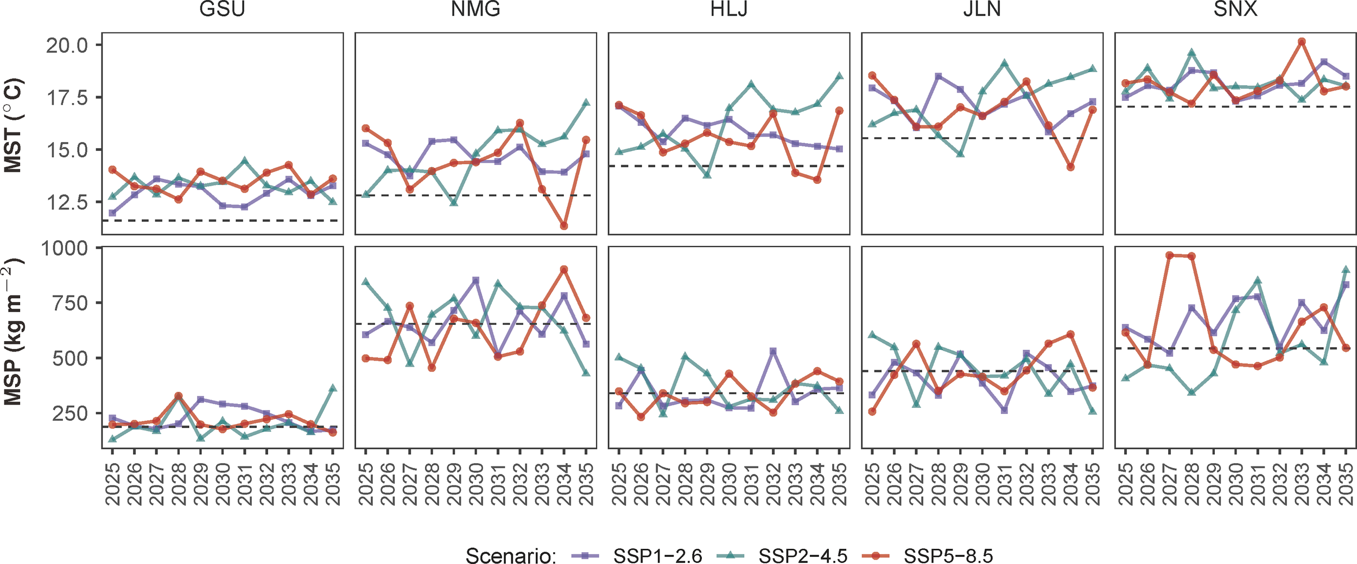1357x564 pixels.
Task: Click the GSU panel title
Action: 222,10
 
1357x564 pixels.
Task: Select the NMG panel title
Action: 475,10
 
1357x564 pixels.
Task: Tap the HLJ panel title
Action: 728,10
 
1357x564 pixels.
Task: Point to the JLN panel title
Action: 981,10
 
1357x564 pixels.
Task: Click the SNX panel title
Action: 1235,10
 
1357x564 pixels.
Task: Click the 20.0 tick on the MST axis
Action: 67,46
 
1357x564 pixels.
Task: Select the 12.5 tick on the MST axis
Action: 67,203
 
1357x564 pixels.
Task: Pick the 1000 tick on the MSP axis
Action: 65,249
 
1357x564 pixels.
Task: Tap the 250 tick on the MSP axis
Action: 70,414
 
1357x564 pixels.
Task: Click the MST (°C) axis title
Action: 13,126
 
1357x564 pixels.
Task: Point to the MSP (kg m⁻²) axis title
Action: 13,332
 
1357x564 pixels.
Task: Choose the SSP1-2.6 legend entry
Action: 657,556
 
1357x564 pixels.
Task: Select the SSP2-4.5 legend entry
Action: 802,556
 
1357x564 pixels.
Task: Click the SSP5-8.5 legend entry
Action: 948,556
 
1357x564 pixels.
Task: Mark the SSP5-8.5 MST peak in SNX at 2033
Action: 1301,42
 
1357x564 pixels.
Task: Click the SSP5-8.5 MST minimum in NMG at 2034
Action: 564,226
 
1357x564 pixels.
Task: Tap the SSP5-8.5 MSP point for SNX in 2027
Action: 1169,255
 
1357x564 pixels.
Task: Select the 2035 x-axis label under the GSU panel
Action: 333,484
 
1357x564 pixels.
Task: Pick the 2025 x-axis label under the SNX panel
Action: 1125,484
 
